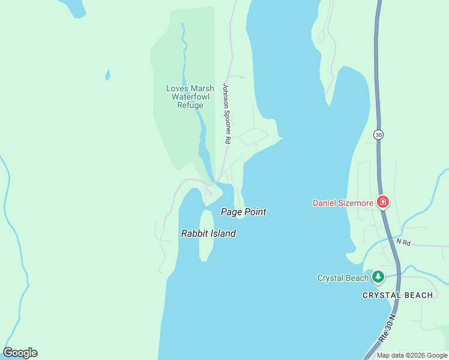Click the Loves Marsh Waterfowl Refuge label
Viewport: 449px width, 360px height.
coord(190,97)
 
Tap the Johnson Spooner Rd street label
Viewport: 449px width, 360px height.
coord(226,113)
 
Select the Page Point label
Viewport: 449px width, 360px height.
coord(243,212)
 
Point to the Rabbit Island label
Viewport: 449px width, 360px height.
coord(208,233)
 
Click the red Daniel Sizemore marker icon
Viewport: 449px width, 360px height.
coord(382,202)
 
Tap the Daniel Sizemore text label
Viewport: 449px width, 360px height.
coord(342,203)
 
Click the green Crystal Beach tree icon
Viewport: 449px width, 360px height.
coord(378,277)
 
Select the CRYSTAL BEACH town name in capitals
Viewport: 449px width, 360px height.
coord(397,295)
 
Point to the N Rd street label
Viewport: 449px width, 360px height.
coord(403,242)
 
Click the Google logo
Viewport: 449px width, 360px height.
coord(20,353)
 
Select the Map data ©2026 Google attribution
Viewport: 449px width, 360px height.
coord(412,355)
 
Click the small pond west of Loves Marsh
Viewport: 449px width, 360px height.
coord(107,75)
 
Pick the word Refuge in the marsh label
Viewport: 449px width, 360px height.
coord(190,105)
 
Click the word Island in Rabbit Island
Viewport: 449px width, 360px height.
coord(223,233)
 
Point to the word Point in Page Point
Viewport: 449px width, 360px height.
coord(255,212)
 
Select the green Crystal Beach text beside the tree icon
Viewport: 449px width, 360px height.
coord(343,278)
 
